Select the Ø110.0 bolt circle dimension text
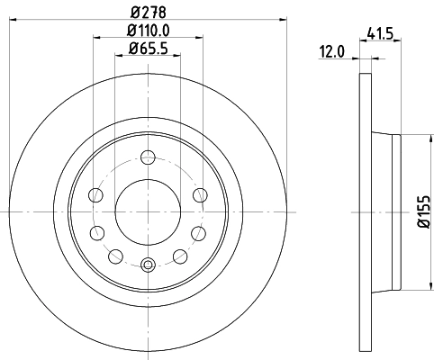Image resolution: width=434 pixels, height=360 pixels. click(148, 31)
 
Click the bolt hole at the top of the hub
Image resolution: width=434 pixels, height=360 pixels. click(149, 159)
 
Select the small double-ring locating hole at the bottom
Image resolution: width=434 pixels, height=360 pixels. click(149, 264)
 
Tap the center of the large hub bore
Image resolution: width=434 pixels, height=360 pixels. click(149, 211)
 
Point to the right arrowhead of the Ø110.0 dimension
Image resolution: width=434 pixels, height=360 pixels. click(200, 38)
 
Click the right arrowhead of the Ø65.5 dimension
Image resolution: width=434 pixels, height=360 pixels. click(177, 55)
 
